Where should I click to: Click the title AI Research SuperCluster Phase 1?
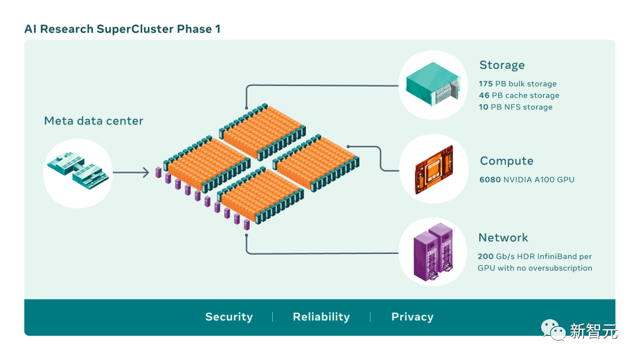pyautogui.click(x=122, y=29)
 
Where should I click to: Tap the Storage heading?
pyautogui.click(x=502, y=65)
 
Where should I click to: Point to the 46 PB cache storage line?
pyautogui.click(x=519, y=95)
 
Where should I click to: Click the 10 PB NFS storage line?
pyautogui.click(x=515, y=107)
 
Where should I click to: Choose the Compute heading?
pyautogui.click(x=506, y=161)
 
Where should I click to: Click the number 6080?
pyautogui.click(x=490, y=179)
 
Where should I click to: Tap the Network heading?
pyautogui.click(x=503, y=237)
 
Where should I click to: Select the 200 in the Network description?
pyautogui.click(x=486, y=256)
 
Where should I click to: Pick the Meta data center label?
pyautogui.click(x=93, y=121)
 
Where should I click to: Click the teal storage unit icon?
pyautogui.click(x=433, y=85)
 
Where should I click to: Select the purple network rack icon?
pyautogui.click(x=434, y=251)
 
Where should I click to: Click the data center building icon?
pyautogui.click(x=78, y=172)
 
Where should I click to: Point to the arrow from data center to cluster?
pyautogui.click(x=130, y=173)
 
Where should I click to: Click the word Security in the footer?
pyautogui.click(x=229, y=317)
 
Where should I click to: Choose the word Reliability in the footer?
pyautogui.click(x=321, y=317)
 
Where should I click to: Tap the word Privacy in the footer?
pyautogui.click(x=412, y=317)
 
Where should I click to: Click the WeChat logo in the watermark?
pyautogui.click(x=554, y=330)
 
